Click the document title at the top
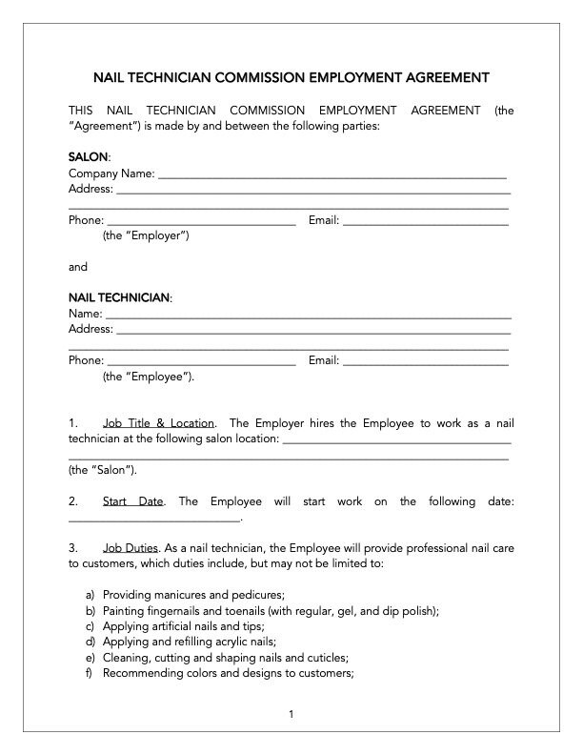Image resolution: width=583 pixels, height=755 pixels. point(291,77)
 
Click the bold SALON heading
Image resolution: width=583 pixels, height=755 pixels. point(89,155)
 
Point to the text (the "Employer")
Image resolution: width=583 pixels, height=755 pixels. point(146,236)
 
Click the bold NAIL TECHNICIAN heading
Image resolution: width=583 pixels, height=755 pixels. point(119,297)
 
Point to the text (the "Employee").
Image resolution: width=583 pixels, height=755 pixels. point(148,377)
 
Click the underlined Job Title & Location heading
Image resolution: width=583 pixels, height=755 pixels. point(158,422)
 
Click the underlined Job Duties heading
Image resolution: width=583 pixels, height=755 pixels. point(131,548)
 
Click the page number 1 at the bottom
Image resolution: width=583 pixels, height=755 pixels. point(291,714)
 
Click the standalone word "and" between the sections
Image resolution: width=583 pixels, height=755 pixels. point(78,267)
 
